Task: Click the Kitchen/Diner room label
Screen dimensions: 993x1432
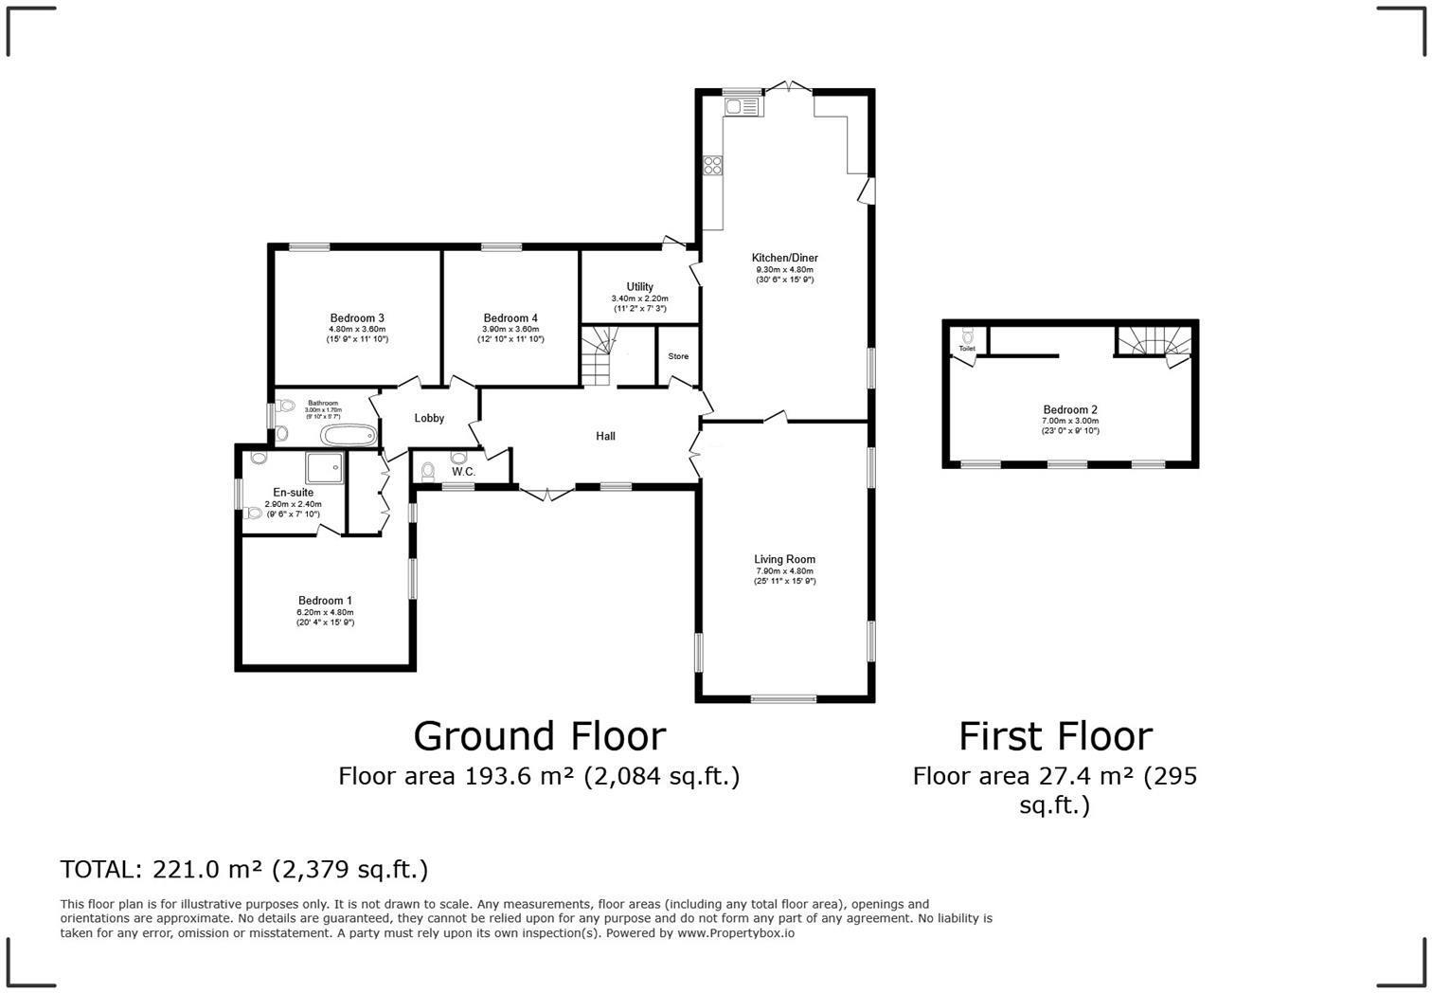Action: click(784, 258)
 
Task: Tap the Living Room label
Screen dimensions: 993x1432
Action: click(784, 559)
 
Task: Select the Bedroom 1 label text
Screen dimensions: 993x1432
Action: click(325, 601)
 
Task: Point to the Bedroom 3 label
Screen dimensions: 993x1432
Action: click(357, 318)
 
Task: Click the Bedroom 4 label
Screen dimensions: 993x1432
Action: click(510, 318)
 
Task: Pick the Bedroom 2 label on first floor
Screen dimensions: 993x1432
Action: click(1070, 410)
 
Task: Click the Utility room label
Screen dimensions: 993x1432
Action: click(639, 287)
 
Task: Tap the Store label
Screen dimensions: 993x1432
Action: click(678, 356)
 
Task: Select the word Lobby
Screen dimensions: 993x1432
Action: click(429, 418)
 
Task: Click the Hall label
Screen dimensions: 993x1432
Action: click(605, 436)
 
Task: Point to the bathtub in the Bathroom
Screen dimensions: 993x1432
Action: click(349, 436)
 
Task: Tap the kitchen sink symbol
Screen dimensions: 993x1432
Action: click(743, 107)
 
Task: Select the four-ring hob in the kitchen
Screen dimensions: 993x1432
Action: click(712, 166)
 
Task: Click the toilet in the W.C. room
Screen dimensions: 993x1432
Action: click(428, 470)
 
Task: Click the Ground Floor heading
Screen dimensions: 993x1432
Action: click(539, 736)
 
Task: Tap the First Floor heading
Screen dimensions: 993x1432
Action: click(1055, 736)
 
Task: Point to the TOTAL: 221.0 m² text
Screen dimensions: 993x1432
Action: click(243, 869)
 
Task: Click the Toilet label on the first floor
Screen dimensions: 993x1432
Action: click(966, 349)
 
